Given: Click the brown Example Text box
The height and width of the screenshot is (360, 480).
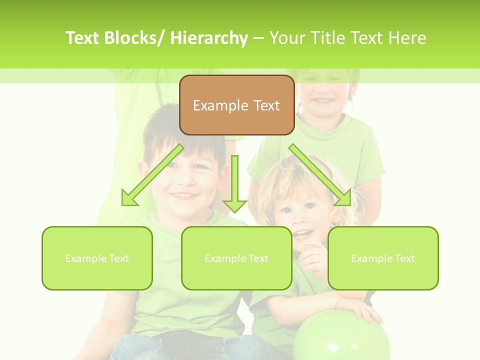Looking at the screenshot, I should pos(236,105).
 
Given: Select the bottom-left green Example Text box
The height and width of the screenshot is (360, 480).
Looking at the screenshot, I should pos(97,258).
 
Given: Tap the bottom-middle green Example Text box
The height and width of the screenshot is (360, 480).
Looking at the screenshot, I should pos(236,258).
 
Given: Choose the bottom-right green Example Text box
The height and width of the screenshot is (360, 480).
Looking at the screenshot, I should pos(383,258).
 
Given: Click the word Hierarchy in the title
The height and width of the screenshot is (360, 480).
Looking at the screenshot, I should pos(209,38).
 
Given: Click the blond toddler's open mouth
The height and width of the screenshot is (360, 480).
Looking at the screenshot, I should pos(302,234).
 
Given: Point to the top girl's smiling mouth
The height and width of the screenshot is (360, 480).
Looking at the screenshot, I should pos(323,101).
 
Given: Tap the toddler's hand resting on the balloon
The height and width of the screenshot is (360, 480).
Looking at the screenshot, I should pos(357,310).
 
